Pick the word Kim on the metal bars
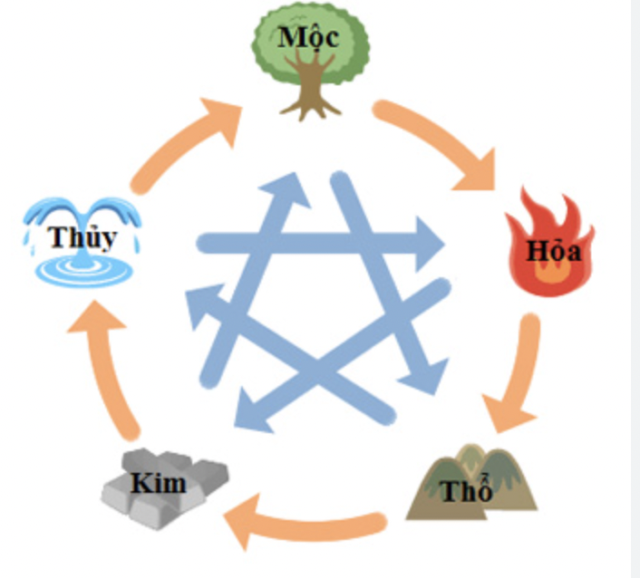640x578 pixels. [158, 481]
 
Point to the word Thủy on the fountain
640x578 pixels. [83, 237]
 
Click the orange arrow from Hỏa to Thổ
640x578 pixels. [517, 371]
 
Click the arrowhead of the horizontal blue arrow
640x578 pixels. [426, 243]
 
